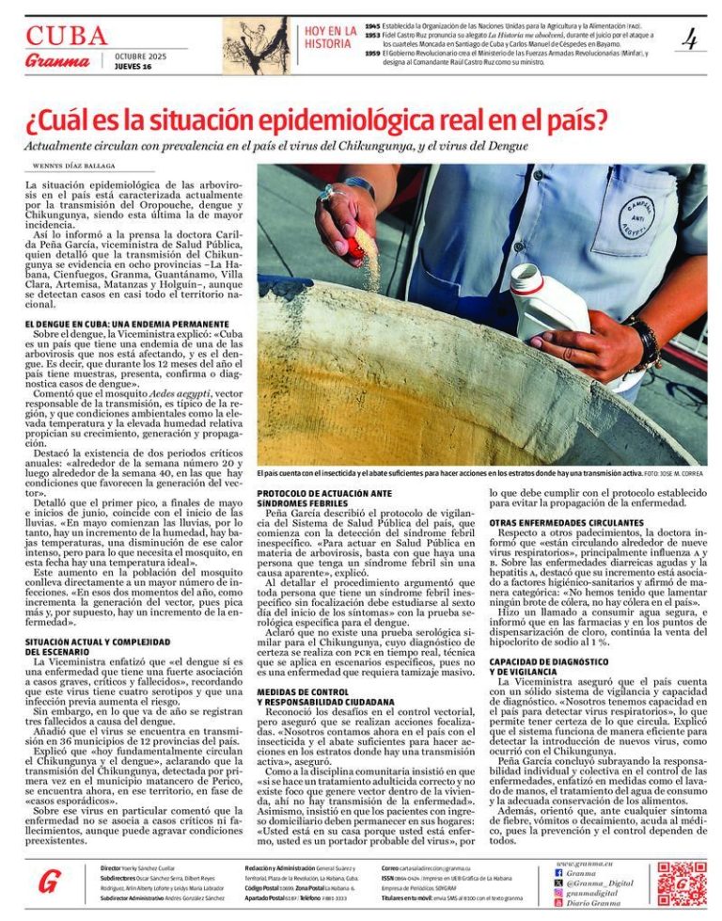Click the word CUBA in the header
(x=66, y=36)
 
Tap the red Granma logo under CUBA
(x=57, y=61)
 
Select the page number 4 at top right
(x=689, y=40)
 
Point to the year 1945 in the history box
(x=373, y=25)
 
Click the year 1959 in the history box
(x=373, y=53)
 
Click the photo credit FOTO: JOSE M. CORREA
(x=674, y=474)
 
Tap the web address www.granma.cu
(x=584, y=863)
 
